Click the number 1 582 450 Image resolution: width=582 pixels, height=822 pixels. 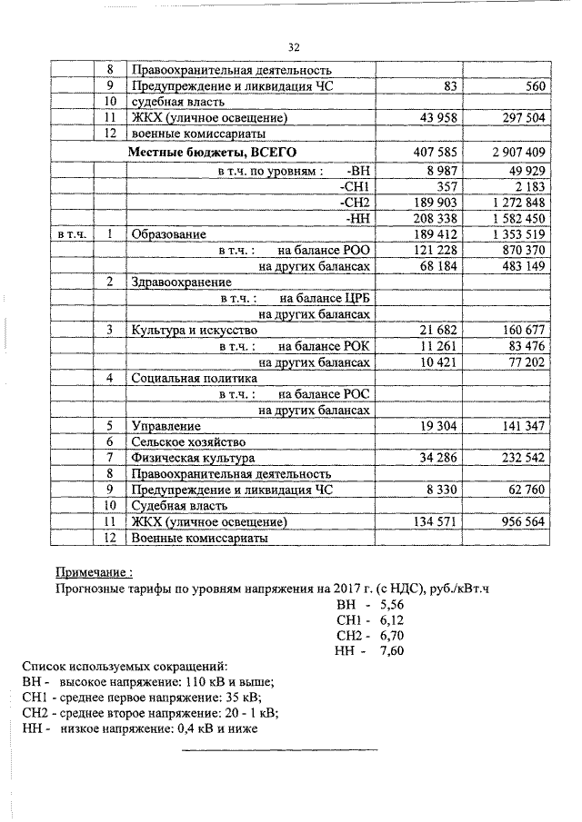[x=516, y=218]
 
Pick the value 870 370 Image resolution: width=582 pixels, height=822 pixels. [x=519, y=251]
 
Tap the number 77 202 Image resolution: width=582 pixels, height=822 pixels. [x=522, y=362]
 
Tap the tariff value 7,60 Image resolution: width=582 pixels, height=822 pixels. [x=392, y=651]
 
